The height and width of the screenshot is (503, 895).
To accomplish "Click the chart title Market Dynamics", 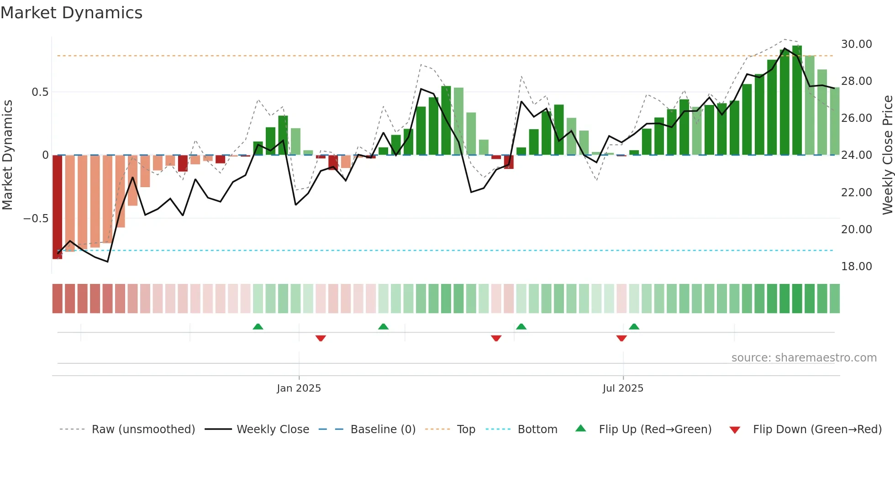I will pyautogui.click(x=72, y=13).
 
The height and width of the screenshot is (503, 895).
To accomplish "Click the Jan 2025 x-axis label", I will pyautogui.click(x=299, y=388).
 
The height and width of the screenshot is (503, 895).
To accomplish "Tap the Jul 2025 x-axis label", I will pyautogui.click(x=623, y=388).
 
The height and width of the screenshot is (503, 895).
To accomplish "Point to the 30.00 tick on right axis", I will pyautogui.click(x=856, y=44).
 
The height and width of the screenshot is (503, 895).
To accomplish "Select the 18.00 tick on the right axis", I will pyautogui.click(x=856, y=267).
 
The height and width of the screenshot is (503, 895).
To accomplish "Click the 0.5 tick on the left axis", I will pyautogui.click(x=40, y=92).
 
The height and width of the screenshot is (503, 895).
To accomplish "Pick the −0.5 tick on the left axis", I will pyautogui.click(x=36, y=219).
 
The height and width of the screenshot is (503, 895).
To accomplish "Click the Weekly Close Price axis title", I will pyautogui.click(x=887, y=155).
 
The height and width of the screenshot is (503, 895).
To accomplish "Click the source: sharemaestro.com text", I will pyautogui.click(x=804, y=358).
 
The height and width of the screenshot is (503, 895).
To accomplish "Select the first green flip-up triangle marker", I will pyautogui.click(x=258, y=326).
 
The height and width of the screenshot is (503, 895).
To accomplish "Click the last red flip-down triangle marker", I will pyautogui.click(x=621, y=338).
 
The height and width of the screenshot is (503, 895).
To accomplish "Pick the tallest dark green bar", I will pyautogui.click(x=797, y=100).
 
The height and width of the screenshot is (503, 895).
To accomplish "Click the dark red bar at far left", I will pyautogui.click(x=57, y=207).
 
